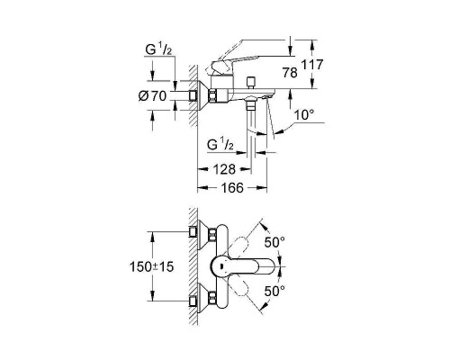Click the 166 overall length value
click(x=230, y=190)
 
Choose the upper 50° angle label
click(x=274, y=243)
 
